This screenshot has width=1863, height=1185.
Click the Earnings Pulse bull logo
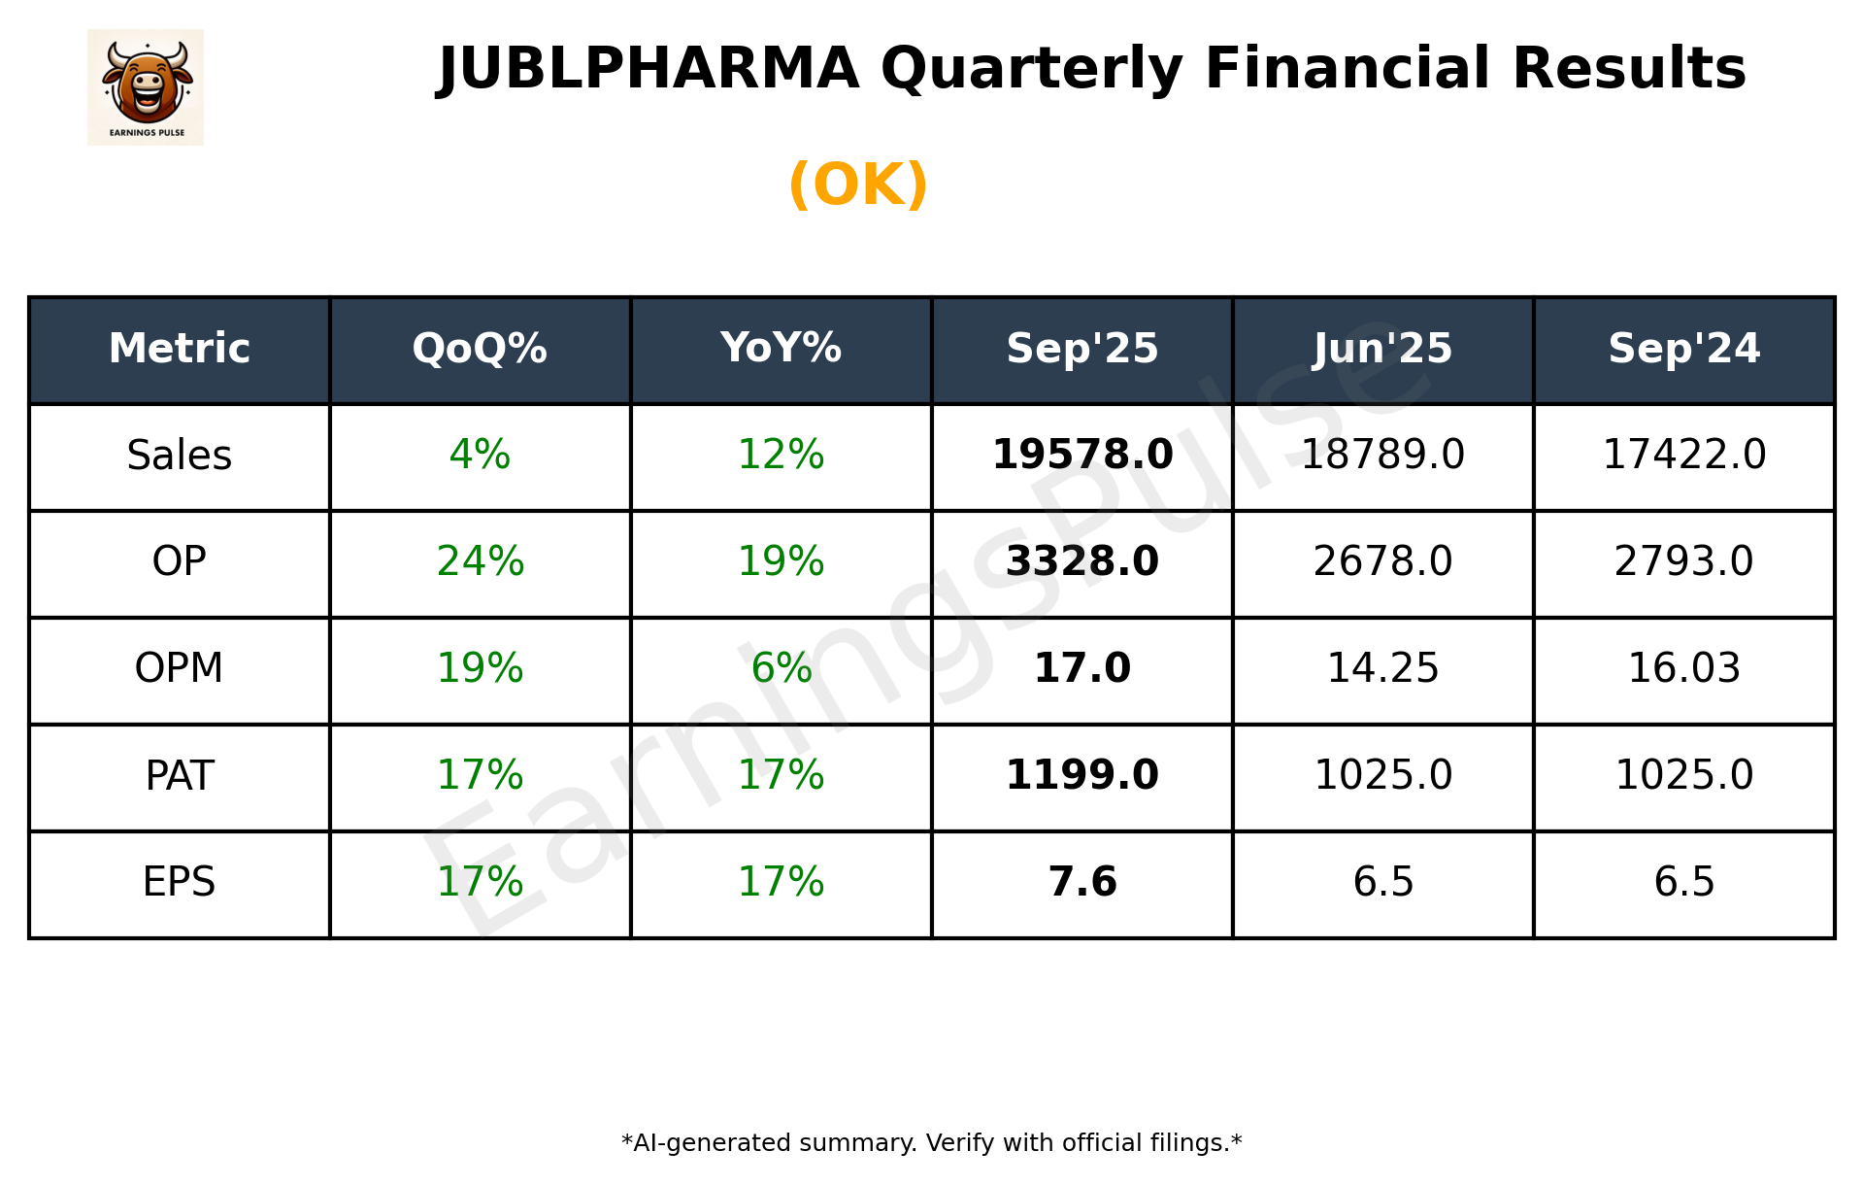pyautogui.click(x=146, y=86)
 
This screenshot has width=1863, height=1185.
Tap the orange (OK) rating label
pyautogui.click(x=858, y=185)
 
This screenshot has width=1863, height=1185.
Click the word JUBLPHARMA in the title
pyautogui.click(x=649, y=69)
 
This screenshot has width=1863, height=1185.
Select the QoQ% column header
pyautogui.click(x=480, y=349)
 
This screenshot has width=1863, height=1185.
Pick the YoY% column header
pyautogui.click(x=781, y=349)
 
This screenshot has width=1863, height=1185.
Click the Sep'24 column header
pyautogui.click(x=1683, y=349)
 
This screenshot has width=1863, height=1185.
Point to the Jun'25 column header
pyautogui.click(x=1382, y=349)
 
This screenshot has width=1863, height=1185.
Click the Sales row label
pyautogui.click(x=180, y=456)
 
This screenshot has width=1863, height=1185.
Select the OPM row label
pyautogui.click(x=180, y=669)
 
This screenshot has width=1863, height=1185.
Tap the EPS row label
pyautogui.click(x=180, y=883)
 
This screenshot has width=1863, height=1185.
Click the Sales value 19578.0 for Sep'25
pyautogui.click(x=1081, y=456)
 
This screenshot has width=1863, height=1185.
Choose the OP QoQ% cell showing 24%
pyautogui.click(x=480, y=562)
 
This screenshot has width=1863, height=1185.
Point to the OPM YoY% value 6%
pyautogui.click(x=781, y=669)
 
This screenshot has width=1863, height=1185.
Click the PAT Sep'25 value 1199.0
pyautogui.click(x=1081, y=776)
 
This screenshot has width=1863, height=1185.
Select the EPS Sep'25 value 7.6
pyautogui.click(x=1081, y=883)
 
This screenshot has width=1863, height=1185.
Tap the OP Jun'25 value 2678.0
pyautogui.click(x=1382, y=562)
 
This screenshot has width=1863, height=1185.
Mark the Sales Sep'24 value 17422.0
pyautogui.click(x=1683, y=456)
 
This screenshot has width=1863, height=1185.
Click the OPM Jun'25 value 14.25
pyautogui.click(x=1382, y=669)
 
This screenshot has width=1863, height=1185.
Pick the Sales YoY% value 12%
pyautogui.click(x=781, y=456)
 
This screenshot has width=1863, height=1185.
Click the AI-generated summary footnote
pyautogui.click(x=931, y=1143)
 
